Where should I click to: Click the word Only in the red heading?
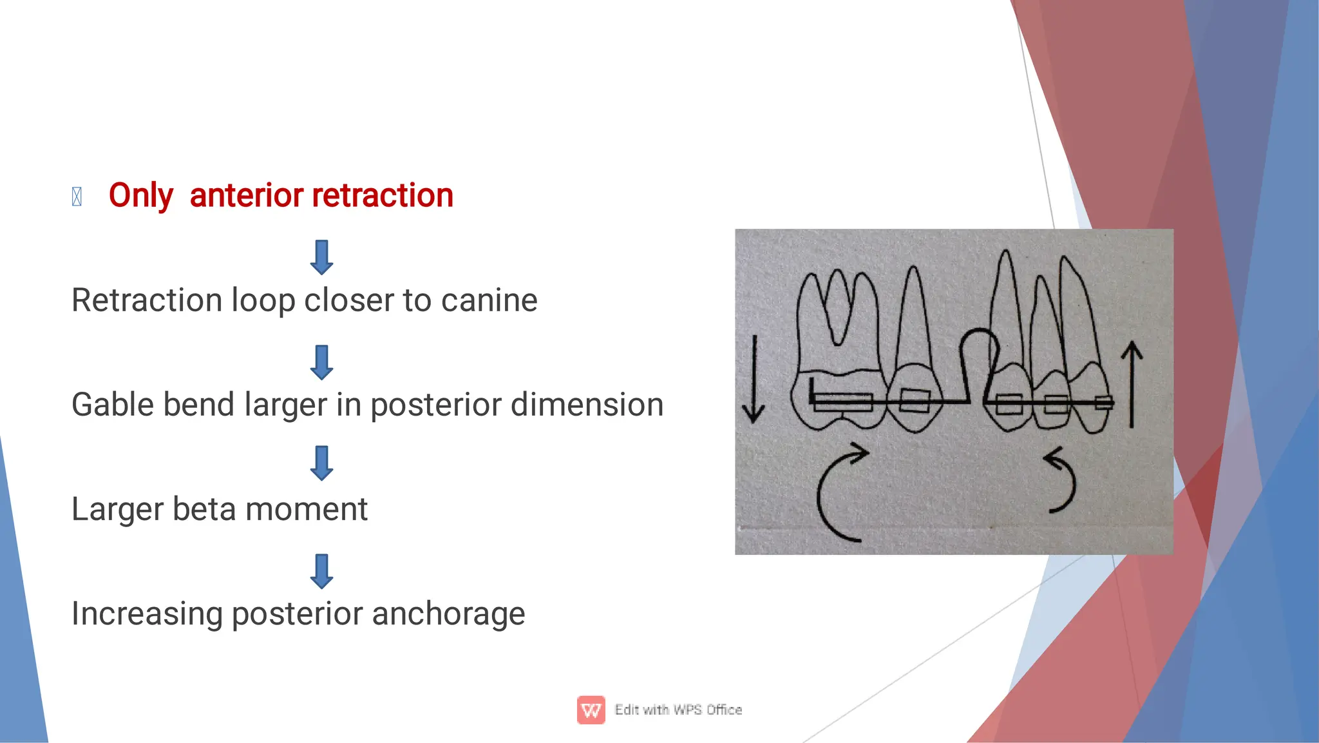tap(140, 195)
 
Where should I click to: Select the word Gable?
tap(112, 405)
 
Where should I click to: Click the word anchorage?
tap(448, 613)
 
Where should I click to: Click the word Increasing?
tap(146, 613)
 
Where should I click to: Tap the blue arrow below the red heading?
tap(321, 257)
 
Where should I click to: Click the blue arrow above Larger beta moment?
tap(321, 463)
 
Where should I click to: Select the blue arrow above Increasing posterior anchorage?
tap(321, 571)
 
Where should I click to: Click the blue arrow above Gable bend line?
tap(321, 362)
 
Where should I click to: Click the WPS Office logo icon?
tap(591, 709)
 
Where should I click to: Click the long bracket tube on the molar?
tap(842, 403)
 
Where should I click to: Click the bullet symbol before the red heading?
tap(77, 197)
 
